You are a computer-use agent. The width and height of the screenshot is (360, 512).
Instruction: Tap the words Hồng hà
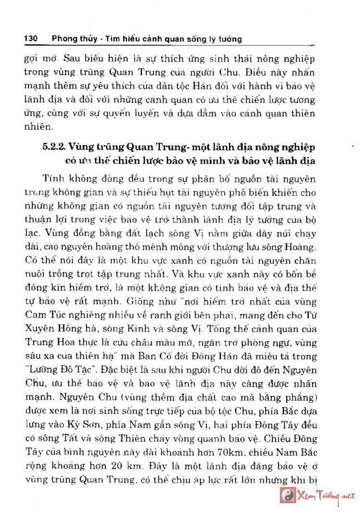(x=70, y=331)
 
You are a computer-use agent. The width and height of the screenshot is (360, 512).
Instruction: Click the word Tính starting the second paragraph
(x=53, y=179)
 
